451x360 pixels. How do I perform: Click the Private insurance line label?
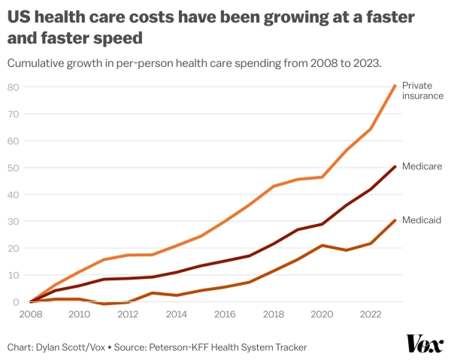(x=422, y=91)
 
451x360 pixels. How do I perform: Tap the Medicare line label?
(x=422, y=166)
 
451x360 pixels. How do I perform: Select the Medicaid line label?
(x=422, y=220)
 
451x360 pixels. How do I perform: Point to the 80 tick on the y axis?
(x=13, y=87)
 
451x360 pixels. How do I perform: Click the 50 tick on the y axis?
(x=13, y=168)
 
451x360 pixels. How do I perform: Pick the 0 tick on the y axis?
(x=15, y=302)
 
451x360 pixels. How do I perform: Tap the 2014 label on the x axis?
(x=176, y=315)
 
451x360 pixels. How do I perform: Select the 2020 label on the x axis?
(x=322, y=315)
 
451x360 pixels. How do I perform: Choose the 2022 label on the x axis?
(x=371, y=315)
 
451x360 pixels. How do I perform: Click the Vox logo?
(x=425, y=343)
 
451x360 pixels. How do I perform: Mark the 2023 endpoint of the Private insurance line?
(x=395, y=86)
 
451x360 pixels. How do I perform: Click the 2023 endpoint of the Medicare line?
(x=395, y=167)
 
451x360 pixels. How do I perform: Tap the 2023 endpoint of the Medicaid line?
(x=395, y=220)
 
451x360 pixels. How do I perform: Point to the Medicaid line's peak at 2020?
(x=322, y=246)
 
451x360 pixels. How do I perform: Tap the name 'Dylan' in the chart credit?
(x=53, y=346)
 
